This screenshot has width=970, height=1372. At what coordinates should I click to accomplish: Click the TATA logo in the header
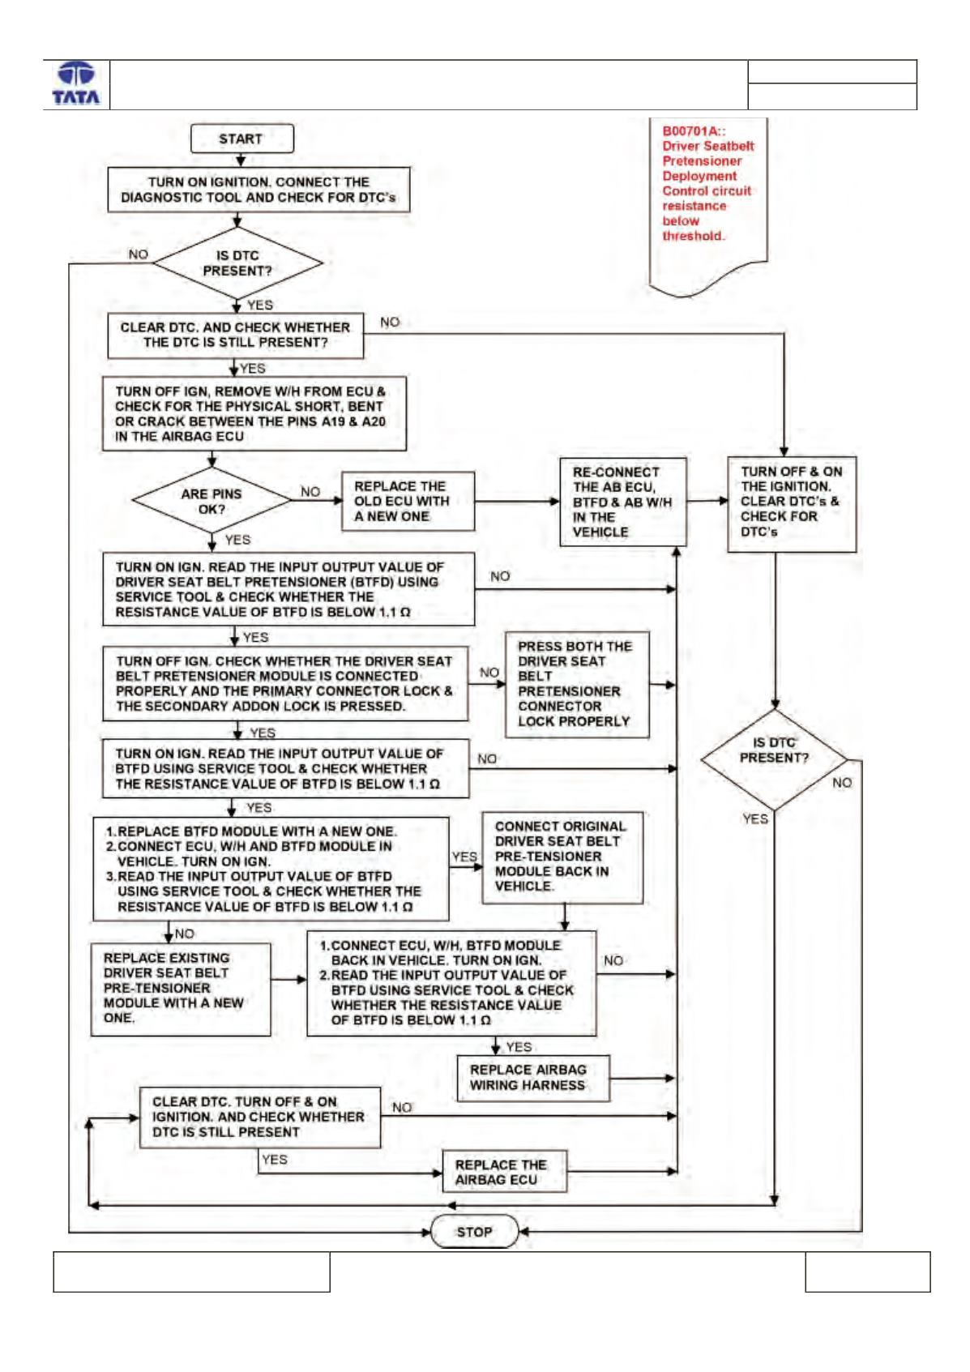click(x=76, y=83)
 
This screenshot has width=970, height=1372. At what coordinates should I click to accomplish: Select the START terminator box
click(x=241, y=139)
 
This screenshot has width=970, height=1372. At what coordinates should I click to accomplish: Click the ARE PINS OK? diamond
click(x=212, y=500)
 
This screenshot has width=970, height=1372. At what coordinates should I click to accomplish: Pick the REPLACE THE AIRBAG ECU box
click(x=505, y=1172)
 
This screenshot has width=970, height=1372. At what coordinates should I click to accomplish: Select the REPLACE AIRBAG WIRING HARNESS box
click(x=533, y=1078)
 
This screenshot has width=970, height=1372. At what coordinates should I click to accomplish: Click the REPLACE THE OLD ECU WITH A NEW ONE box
click(x=408, y=501)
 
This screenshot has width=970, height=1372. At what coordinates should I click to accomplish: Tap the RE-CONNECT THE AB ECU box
click(x=623, y=502)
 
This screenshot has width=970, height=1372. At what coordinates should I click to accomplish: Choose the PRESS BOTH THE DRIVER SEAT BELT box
click(x=577, y=684)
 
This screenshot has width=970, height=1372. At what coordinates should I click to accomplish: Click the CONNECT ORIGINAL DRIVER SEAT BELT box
click(x=562, y=857)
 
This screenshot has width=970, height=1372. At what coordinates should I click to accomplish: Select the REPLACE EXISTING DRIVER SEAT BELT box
click(x=181, y=989)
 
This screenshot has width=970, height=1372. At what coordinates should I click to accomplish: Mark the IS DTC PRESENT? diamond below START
click(x=237, y=263)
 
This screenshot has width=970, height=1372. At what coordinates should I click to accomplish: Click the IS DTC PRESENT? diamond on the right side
click(x=775, y=759)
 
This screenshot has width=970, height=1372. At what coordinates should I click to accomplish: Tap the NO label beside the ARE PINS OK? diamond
click(x=310, y=492)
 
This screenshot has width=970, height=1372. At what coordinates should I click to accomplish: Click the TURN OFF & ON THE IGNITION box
click(x=792, y=504)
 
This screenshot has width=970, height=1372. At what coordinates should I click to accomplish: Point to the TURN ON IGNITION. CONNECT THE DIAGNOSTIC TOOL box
click(x=259, y=190)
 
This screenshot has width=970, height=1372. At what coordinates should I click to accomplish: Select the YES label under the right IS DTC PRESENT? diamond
click(x=755, y=819)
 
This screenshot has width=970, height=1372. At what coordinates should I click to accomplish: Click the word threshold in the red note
click(x=693, y=236)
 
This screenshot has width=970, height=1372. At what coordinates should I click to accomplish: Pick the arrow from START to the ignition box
click(x=241, y=160)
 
